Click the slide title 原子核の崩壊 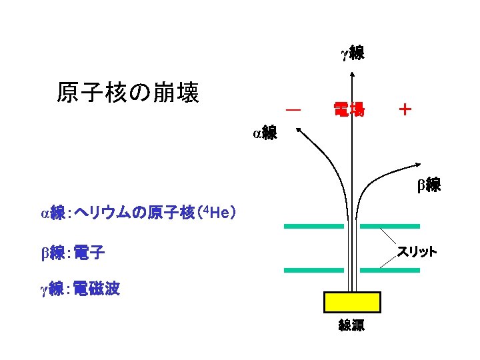(x=127, y=93)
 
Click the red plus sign (x=404, y=109)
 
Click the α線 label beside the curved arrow (x=265, y=133)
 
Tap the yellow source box (x=352, y=302)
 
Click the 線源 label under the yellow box (x=351, y=326)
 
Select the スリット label (x=417, y=251)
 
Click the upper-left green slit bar (x=313, y=227)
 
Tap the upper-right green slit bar (x=390, y=227)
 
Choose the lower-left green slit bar (x=313, y=270)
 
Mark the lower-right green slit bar (x=390, y=270)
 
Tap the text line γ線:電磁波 (x=80, y=289)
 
